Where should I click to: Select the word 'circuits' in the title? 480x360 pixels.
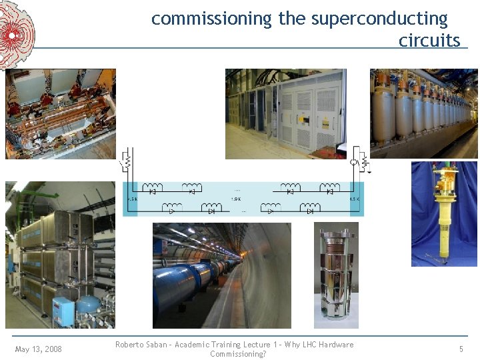[x=429, y=41]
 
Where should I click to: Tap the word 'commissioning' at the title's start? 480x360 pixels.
[x=212, y=19]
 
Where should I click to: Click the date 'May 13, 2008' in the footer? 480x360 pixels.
[x=38, y=349]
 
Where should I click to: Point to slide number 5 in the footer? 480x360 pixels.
[x=461, y=349]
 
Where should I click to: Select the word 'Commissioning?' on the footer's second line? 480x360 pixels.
[x=238, y=354]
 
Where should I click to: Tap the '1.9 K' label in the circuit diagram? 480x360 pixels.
[x=236, y=199]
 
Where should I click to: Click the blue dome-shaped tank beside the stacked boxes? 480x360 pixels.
[x=87, y=306]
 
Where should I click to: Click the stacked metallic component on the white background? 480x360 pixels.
[x=336, y=277]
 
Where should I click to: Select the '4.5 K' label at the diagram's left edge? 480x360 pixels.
[x=133, y=199]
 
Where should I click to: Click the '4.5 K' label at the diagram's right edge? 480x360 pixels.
[x=354, y=199]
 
